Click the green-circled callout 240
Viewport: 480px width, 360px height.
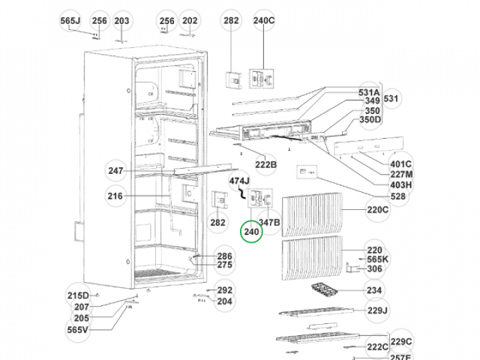[x=251, y=232]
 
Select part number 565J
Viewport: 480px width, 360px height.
[x=70, y=21]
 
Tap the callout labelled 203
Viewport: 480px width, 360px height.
[x=121, y=21]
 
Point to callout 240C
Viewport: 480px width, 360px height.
[x=264, y=21]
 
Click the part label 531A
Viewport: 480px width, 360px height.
[x=369, y=92]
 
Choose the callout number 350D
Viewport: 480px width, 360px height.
[x=370, y=120]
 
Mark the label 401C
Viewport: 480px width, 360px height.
[x=401, y=164]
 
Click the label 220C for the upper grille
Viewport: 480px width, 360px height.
[x=377, y=211]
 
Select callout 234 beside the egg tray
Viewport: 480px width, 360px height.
[x=375, y=291]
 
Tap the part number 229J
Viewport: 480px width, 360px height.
[x=377, y=311]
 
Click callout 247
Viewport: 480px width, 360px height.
[x=116, y=171]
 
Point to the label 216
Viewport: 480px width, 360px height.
[x=115, y=196]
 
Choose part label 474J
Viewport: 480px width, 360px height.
[x=239, y=181]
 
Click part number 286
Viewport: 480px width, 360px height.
[x=225, y=256]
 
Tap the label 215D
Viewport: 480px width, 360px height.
[x=77, y=296]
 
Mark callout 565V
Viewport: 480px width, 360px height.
[x=78, y=330]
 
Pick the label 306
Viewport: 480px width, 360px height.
[x=375, y=269]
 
